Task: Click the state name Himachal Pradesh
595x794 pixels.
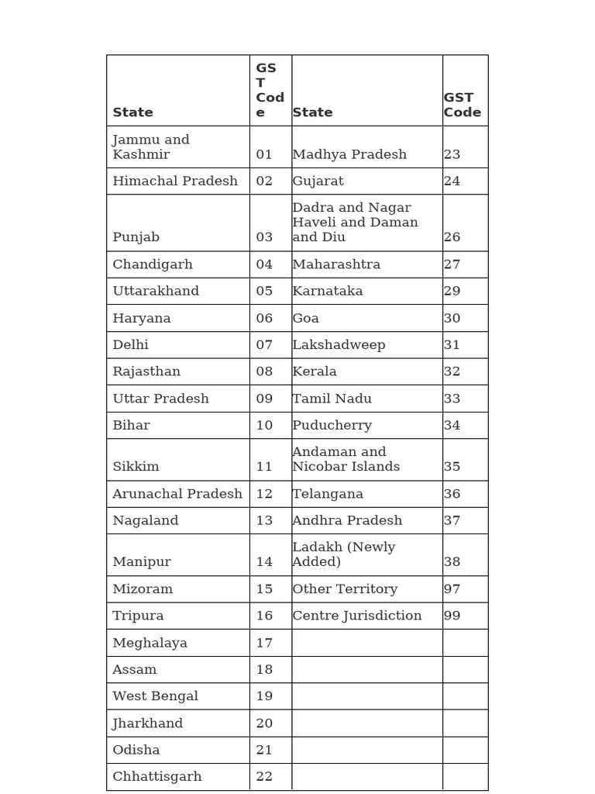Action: click(175, 181)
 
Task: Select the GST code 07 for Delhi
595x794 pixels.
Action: click(264, 344)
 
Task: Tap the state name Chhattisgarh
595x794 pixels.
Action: click(157, 776)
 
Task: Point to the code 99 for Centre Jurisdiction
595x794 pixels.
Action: click(452, 616)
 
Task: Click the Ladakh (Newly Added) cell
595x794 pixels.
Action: click(344, 554)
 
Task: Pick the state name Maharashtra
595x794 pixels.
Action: click(336, 264)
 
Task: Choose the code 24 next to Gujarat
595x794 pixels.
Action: click(452, 181)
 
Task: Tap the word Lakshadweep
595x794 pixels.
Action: click(339, 344)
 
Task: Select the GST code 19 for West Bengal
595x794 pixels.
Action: click(264, 696)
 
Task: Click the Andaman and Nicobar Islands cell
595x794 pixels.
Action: click(346, 459)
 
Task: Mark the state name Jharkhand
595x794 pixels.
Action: click(148, 723)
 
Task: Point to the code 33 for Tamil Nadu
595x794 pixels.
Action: click(452, 399)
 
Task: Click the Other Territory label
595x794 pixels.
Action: click(345, 589)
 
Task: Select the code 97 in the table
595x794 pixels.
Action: click(452, 589)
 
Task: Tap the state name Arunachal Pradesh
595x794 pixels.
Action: click(177, 494)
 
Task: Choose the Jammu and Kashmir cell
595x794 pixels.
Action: click(151, 147)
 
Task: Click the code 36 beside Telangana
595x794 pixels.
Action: click(452, 494)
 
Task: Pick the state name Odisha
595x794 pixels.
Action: click(136, 750)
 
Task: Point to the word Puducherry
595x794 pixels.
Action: click(332, 425)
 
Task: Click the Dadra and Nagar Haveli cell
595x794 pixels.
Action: click(355, 222)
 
